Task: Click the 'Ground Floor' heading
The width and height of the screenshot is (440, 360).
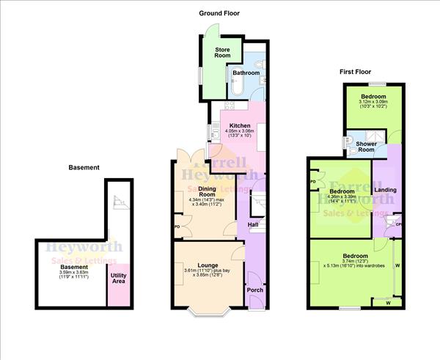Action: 219,13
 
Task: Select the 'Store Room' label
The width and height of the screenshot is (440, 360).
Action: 222,52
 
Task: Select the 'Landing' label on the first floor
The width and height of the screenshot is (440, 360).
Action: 386,191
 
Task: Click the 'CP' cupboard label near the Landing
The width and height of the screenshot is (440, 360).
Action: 398,224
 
